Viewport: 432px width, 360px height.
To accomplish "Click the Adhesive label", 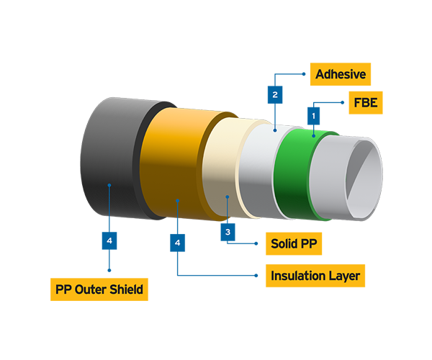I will point(341,74).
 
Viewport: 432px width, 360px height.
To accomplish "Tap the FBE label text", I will point(365,103).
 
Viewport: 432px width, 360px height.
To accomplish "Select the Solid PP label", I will point(294,243).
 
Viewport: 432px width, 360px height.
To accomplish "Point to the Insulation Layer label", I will point(315,276).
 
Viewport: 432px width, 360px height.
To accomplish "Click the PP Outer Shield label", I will point(99,289).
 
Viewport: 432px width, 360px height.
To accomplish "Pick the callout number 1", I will point(313,115).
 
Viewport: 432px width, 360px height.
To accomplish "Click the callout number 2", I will point(274,94).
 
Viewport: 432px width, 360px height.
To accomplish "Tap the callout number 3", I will point(228,232).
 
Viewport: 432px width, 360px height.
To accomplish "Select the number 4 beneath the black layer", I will point(109,240).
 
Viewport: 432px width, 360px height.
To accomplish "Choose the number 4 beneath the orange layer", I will point(177,243).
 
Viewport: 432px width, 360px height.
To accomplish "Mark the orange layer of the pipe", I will point(173,158).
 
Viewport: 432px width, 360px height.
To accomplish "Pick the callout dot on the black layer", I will point(108,185).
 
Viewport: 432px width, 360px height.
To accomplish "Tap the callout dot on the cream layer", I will point(228,196).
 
